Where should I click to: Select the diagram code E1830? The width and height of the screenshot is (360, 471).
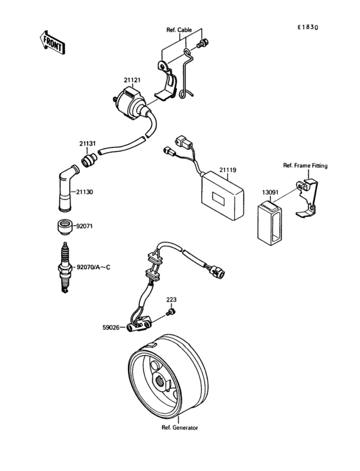pyautogui.click(x=308, y=28)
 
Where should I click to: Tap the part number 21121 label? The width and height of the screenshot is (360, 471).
pyautogui.click(x=132, y=80)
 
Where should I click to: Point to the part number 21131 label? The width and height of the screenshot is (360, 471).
pyautogui.click(x=88, y=143)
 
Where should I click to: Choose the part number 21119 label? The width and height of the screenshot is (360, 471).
pyautogui.click(x=228, y=171)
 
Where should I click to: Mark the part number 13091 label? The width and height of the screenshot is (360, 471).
pyautogui.click(x=270, y=192)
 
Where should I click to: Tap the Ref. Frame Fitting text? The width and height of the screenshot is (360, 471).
pyautogui.click(x=305, y=165)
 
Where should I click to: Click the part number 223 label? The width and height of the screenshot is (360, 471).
pyautogui.click(x=172, y=300)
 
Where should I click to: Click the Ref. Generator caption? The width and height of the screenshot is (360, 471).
pyautogui.click(x=179, y=427)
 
